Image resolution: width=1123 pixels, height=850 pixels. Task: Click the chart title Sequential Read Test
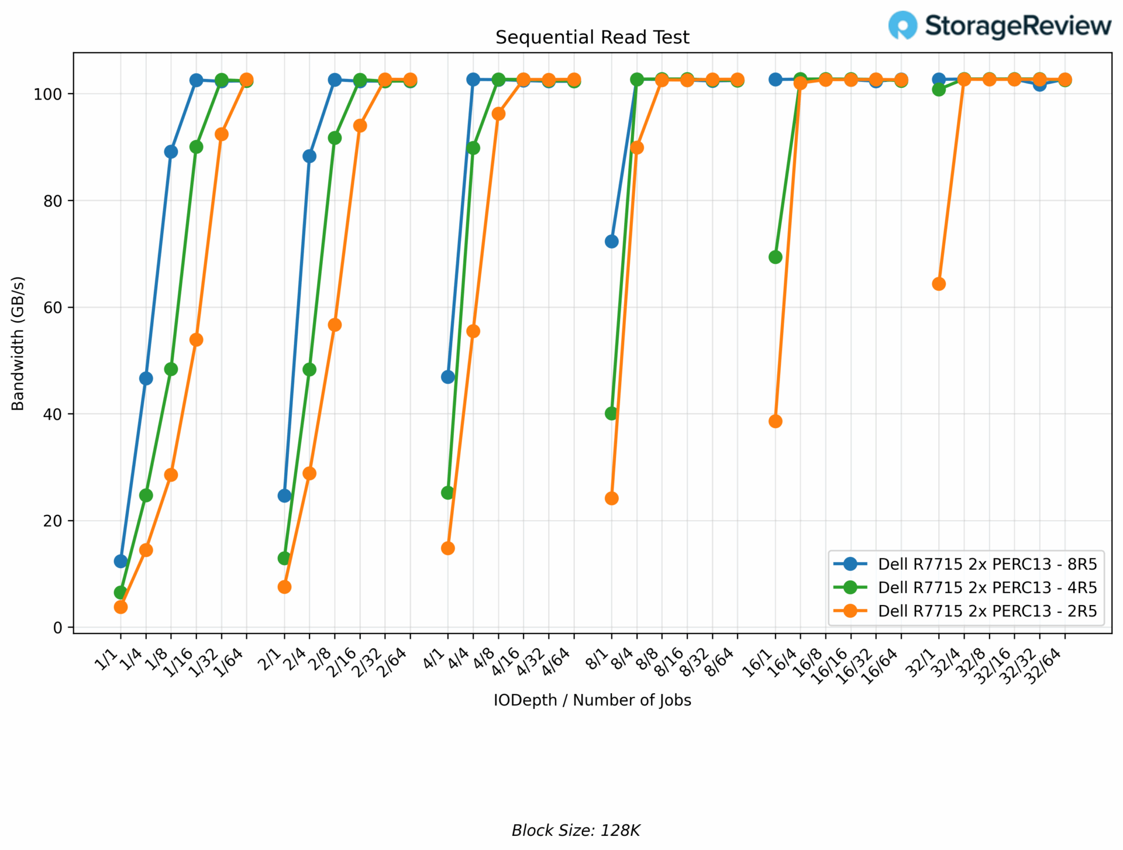(x=592, y=37)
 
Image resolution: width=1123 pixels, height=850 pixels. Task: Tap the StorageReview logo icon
(x=902, y=25)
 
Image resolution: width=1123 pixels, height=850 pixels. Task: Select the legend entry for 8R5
(x=987, y=564)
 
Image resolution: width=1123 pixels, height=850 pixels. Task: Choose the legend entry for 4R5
(x=987, y=587)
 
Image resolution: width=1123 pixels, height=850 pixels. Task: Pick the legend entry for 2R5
(x=987, y=611)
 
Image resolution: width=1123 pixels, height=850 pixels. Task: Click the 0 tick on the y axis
(x=57, y=627)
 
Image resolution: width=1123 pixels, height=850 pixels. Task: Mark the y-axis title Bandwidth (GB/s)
(x=18, y=343)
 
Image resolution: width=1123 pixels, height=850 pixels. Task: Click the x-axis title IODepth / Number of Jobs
(x=592, y=700)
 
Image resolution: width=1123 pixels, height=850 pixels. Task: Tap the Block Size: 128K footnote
(x=576, y=831)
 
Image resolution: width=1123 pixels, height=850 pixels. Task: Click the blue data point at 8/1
(x=611, y=242)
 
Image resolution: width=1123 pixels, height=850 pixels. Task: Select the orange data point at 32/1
(x=939, y=284)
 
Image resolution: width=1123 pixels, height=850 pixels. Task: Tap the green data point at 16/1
(x=775, y=257)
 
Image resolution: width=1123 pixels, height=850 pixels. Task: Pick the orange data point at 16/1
(x=775, y=421)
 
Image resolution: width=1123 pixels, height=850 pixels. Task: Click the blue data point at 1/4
(x=146, y=378)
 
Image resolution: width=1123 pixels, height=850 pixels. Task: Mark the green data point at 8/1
(x=611, y=414)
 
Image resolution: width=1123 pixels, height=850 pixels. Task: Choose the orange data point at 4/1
(x=448, y=548)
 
